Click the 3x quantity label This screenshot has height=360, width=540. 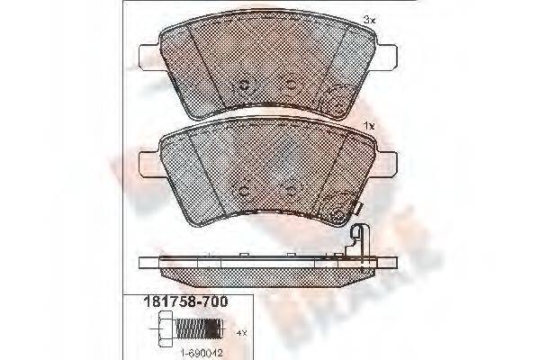(x=369, y=19)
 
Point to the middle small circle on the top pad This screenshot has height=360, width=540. (x=291, y=83)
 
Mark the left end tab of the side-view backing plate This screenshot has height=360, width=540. (x=147, y=264)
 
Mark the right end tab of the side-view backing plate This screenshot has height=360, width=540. (x=389, y=264)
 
